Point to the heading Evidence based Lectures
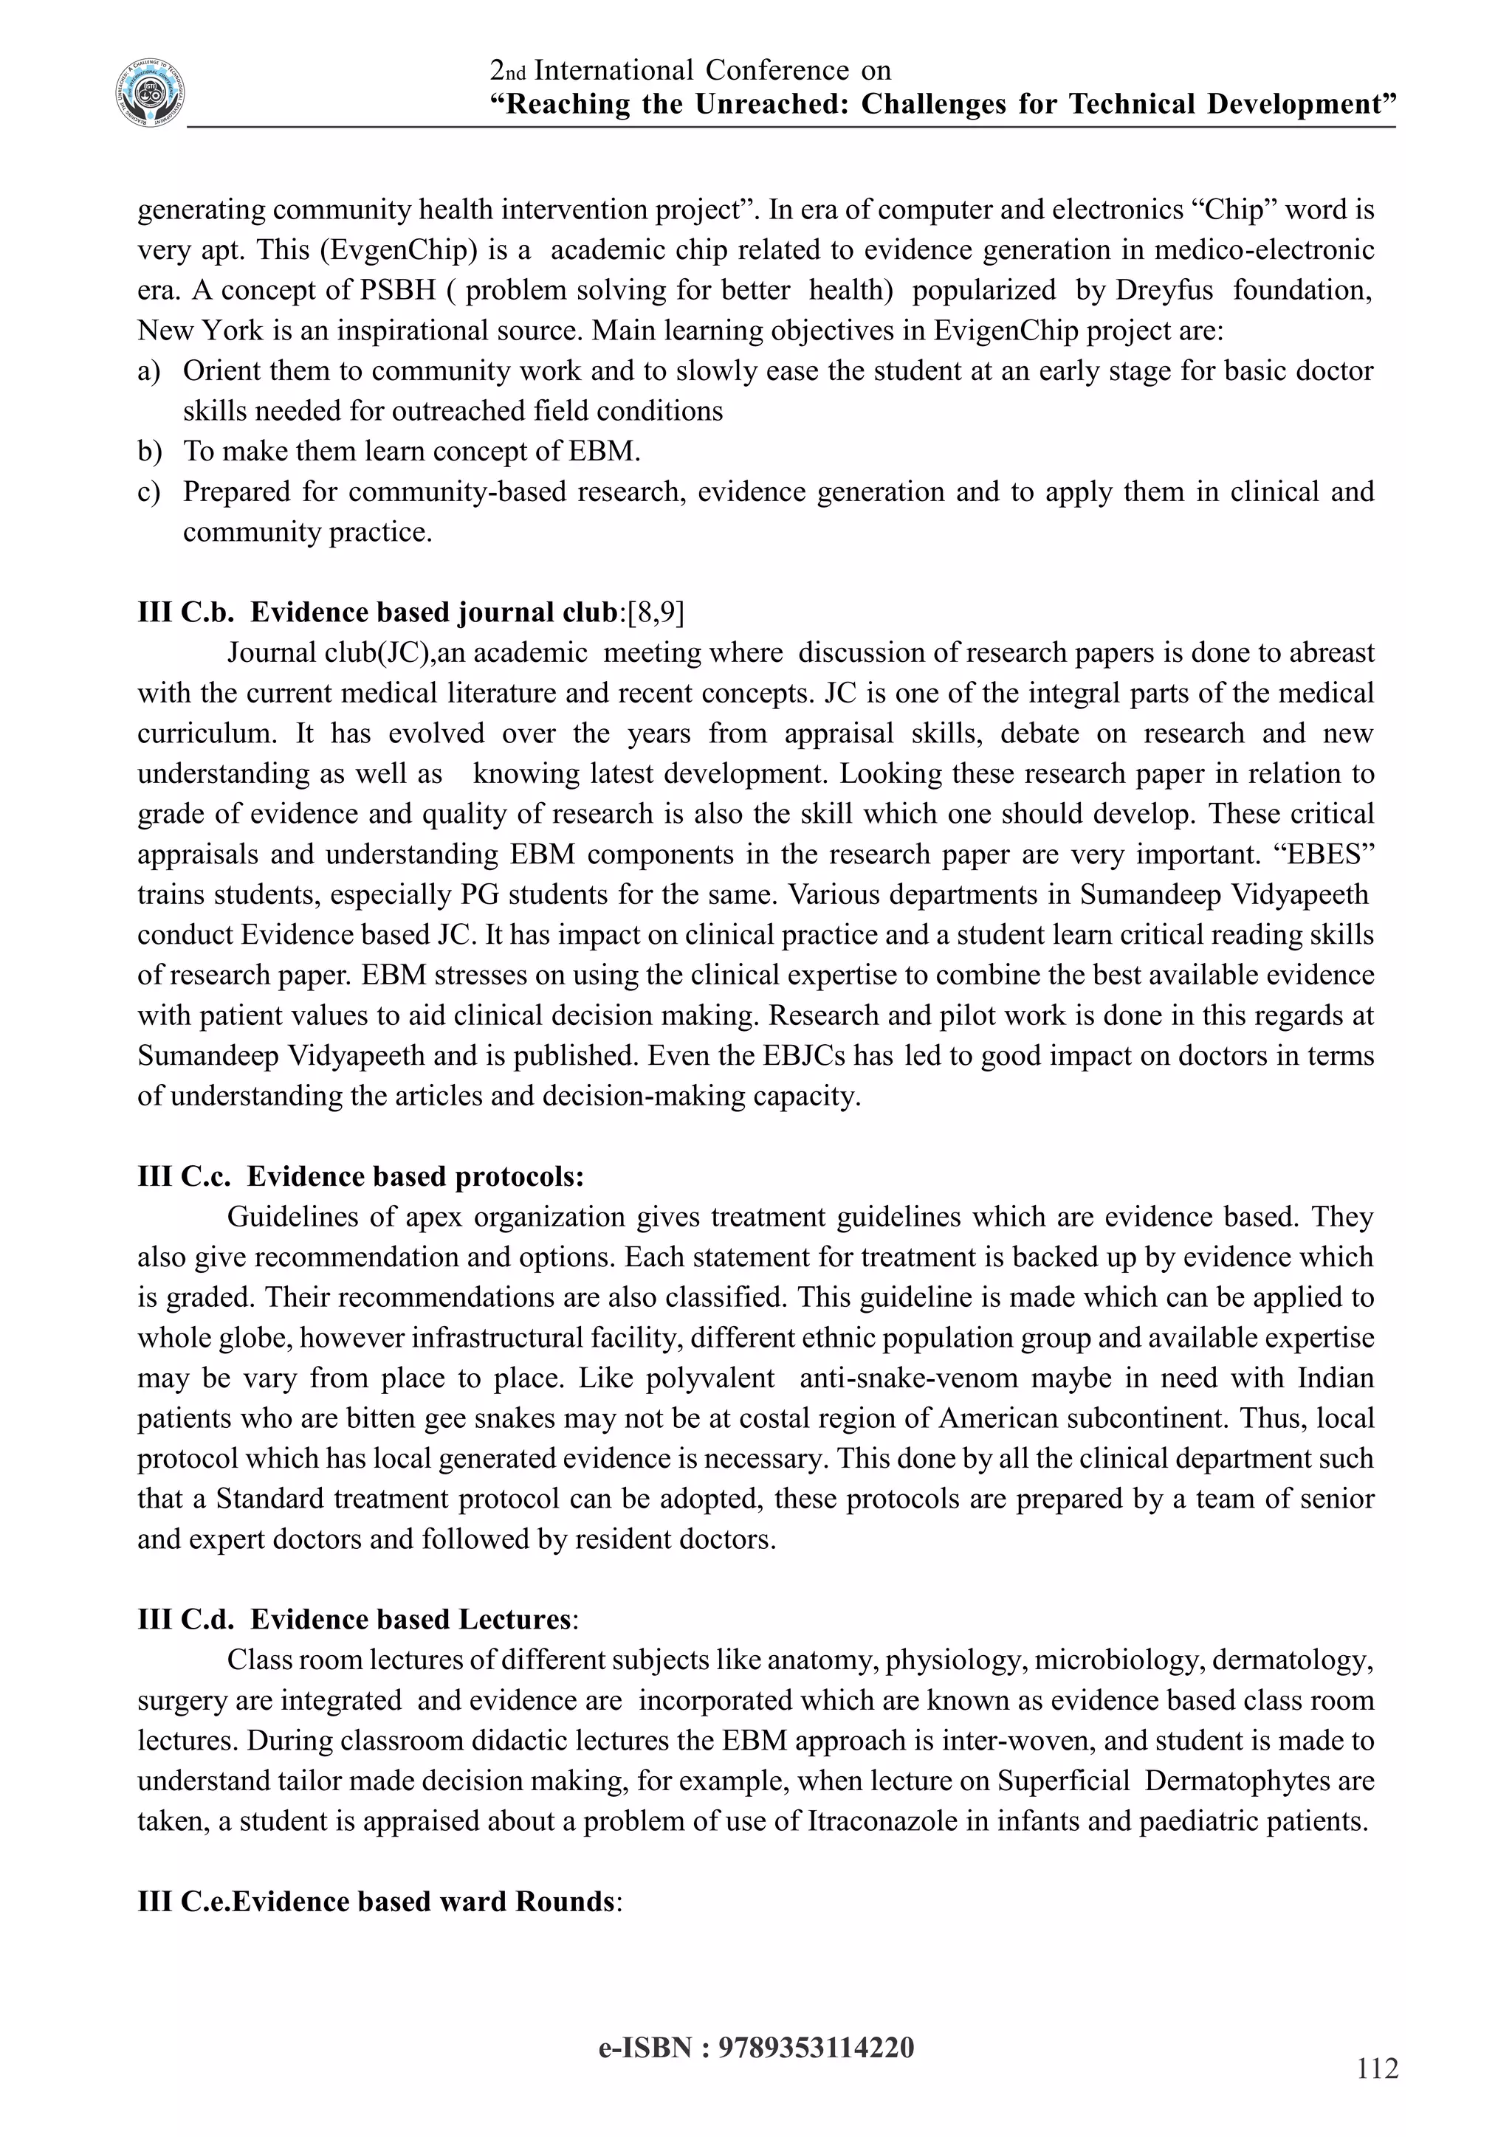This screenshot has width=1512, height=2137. click(410, 1620)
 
